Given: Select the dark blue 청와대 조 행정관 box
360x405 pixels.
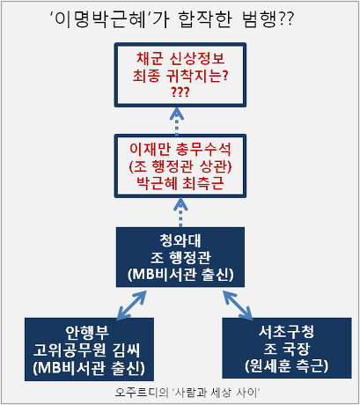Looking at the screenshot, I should pos(180,256).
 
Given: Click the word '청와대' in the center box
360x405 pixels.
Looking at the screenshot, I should pos(180,239).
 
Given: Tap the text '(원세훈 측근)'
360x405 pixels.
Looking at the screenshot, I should pos(276,365).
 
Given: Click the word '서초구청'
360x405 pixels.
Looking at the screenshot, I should pos(276,333).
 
